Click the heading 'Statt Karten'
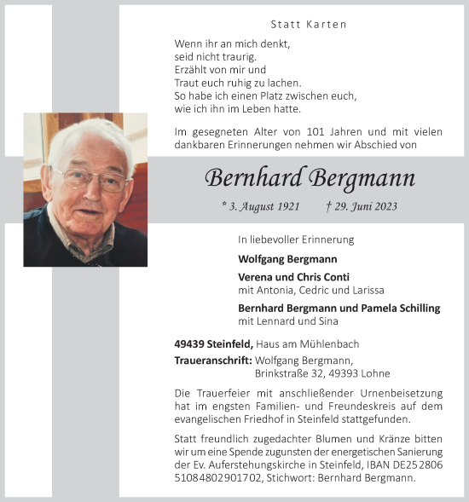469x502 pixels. point(308,25)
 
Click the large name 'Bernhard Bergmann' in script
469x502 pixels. point(310,179)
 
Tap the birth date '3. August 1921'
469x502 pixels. point(260,207)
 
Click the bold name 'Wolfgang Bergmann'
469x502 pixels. point(287,258)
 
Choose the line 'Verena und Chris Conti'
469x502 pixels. point(293,277)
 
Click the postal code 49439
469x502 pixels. point(190,343)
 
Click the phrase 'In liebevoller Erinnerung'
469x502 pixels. point(296,239)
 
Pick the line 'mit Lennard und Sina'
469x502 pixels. point(287,321)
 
